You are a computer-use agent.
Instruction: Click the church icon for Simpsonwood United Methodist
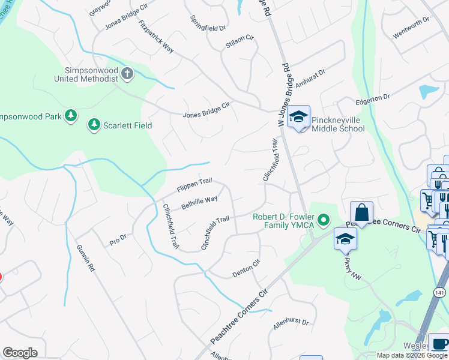click(x=127, y=74)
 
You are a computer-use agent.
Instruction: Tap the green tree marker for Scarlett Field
click(x=94, y=125)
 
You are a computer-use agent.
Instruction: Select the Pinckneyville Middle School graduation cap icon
click(x=298, y=117)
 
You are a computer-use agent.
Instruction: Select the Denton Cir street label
click(x=247, y=268)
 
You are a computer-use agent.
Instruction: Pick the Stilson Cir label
click(x=240, y=43)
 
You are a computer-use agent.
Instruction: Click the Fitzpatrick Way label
click(x=155, y=37)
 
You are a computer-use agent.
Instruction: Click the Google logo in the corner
click(x=20, y=353)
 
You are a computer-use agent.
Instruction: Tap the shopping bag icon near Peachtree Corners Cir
click(x=362, y=212)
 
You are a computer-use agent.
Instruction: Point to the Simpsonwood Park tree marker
click(x=71, y=116)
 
